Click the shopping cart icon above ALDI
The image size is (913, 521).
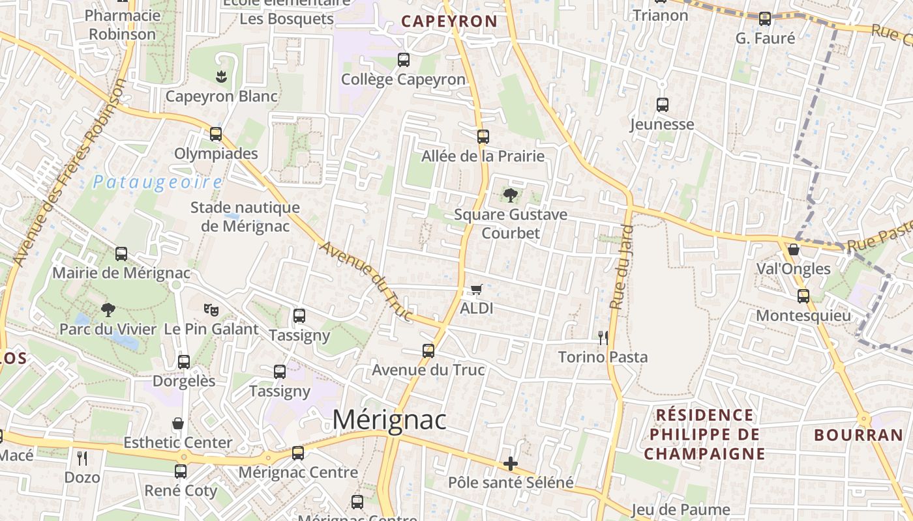point(476,289)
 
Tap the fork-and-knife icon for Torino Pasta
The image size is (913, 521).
point(603,337)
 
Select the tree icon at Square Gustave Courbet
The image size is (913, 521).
point(511,195)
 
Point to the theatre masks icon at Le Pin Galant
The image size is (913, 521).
point(211,309)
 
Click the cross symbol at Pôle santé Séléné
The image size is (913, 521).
point(511,464)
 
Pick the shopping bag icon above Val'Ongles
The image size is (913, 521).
point(794,249)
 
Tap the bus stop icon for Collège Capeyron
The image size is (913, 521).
point(404,60)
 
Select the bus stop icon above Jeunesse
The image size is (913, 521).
point(663,104)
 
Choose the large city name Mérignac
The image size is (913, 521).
point(389,420)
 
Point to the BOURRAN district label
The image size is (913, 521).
point(859,435)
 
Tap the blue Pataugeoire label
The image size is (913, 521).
point(157,182)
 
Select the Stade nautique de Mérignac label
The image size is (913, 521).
point(245,217)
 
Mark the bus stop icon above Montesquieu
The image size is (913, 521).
point(803,296)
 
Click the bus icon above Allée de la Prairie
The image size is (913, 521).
point(483,137)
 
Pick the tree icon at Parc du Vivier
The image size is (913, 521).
point(108,309)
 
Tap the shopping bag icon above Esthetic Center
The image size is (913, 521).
point(177,423)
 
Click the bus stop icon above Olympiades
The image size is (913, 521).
point(216,134)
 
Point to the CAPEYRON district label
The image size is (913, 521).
point(449,21)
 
